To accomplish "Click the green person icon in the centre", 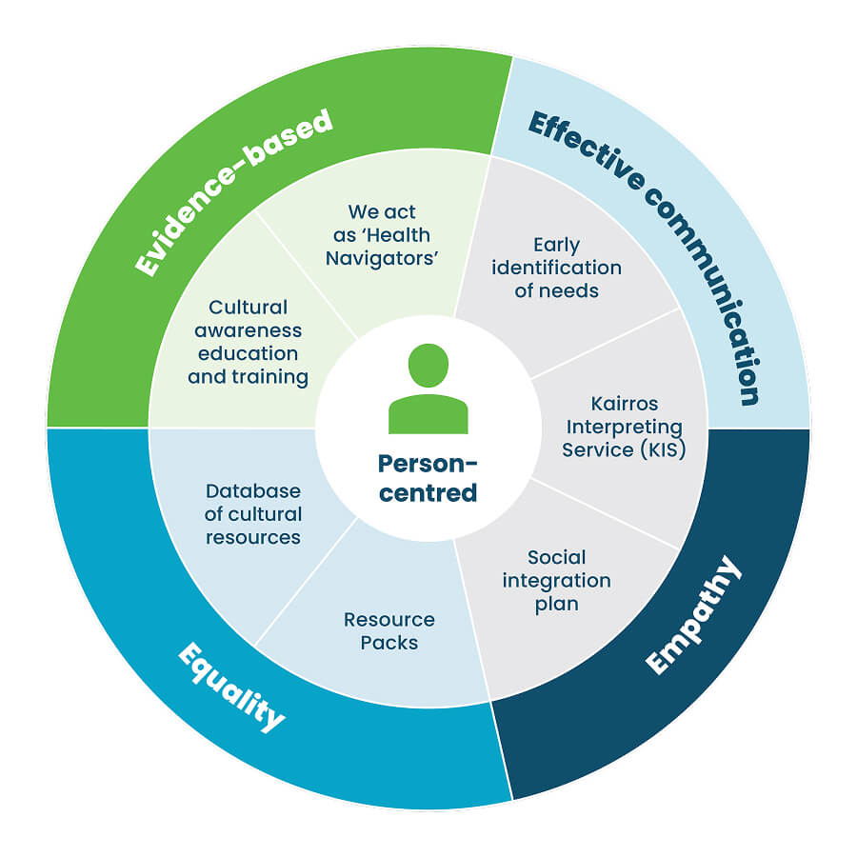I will pos(428,390).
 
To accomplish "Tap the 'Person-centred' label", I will pos(428,478).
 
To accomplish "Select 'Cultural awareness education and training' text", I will pos(248,342).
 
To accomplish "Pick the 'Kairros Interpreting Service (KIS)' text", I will pos(623,427).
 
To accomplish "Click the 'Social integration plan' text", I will pos(556,580).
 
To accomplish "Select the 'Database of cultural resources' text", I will pos(253,514).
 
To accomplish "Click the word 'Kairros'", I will pos(623,404).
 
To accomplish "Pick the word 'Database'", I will pos(253,491).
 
